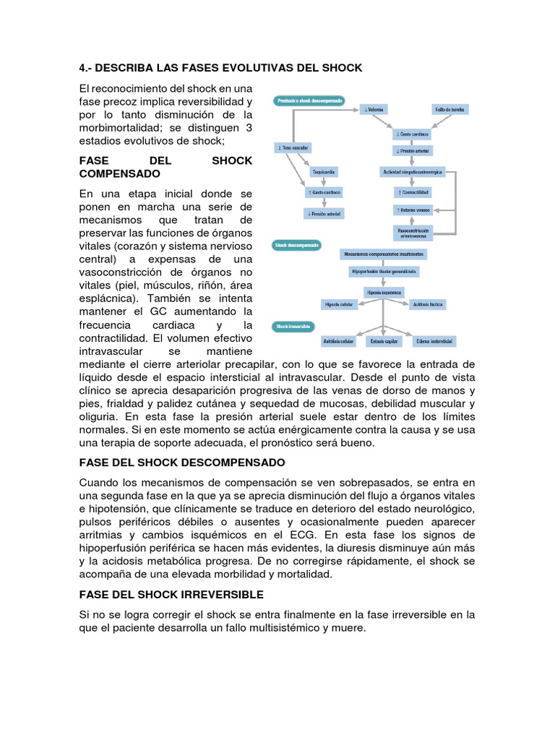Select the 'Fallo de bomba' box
449,110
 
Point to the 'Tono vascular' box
292,147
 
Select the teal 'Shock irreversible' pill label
293,327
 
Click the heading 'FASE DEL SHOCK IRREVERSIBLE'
171,595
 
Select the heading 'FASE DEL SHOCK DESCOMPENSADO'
182,462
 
